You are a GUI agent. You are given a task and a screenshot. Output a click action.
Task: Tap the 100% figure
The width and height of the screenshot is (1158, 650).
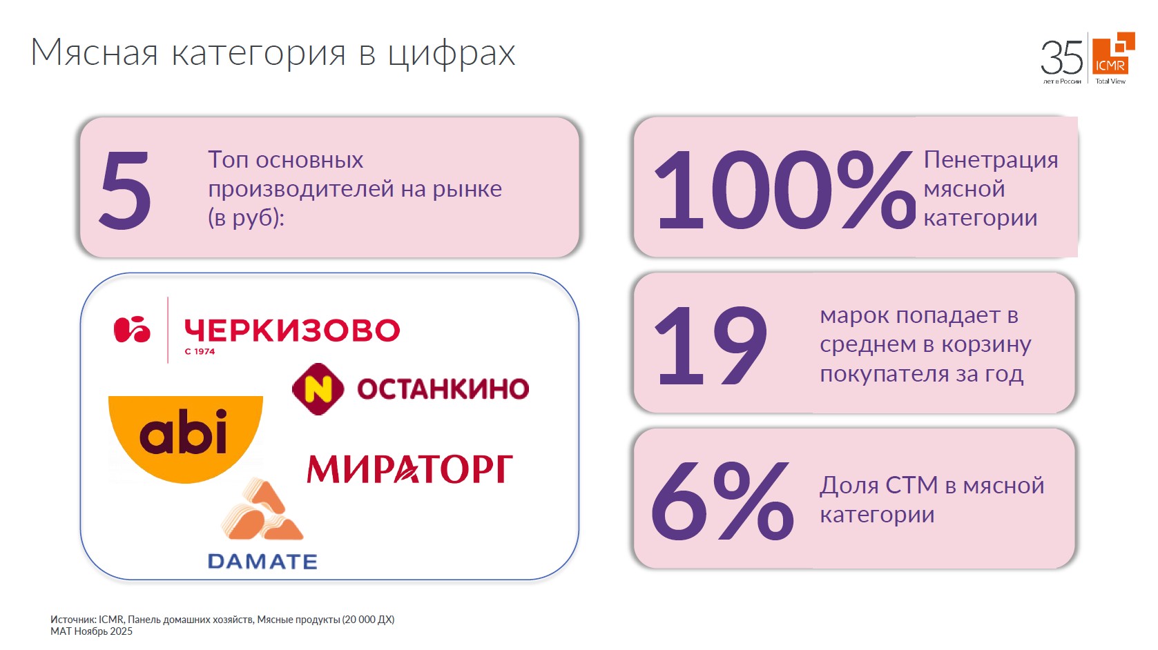(x=784, y=190)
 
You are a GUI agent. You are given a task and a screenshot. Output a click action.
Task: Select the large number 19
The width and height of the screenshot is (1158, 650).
(x=711, y=345)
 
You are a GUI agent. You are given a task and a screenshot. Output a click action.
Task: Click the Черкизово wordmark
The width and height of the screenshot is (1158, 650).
(x=292, y=331)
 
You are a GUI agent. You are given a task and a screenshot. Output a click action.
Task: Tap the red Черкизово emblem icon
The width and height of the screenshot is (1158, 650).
(x=132, y=330)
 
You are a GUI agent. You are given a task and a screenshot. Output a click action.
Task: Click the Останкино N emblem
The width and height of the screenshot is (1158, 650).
(x=318, y=388)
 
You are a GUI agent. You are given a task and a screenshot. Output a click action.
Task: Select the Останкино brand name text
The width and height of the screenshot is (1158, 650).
(x=443, y=389)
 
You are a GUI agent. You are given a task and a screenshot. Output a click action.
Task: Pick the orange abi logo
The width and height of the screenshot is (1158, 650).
(x=185, y=435)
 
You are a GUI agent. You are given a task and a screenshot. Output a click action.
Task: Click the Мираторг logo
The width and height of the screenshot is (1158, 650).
(x=409, y=469)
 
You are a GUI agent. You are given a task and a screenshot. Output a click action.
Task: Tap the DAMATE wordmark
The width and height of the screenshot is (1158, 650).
(x=262, y=562)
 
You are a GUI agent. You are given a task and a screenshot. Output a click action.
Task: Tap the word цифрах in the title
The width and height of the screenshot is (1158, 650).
(x=451, y=53)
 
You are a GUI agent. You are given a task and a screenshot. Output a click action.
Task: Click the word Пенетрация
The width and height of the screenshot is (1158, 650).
(x=990, y=159)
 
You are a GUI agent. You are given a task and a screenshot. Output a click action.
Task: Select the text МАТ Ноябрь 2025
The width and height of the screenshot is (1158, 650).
(x=91, y=631)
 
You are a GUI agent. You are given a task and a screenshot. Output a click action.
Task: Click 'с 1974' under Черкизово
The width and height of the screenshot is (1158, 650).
(x=200, y=351)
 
